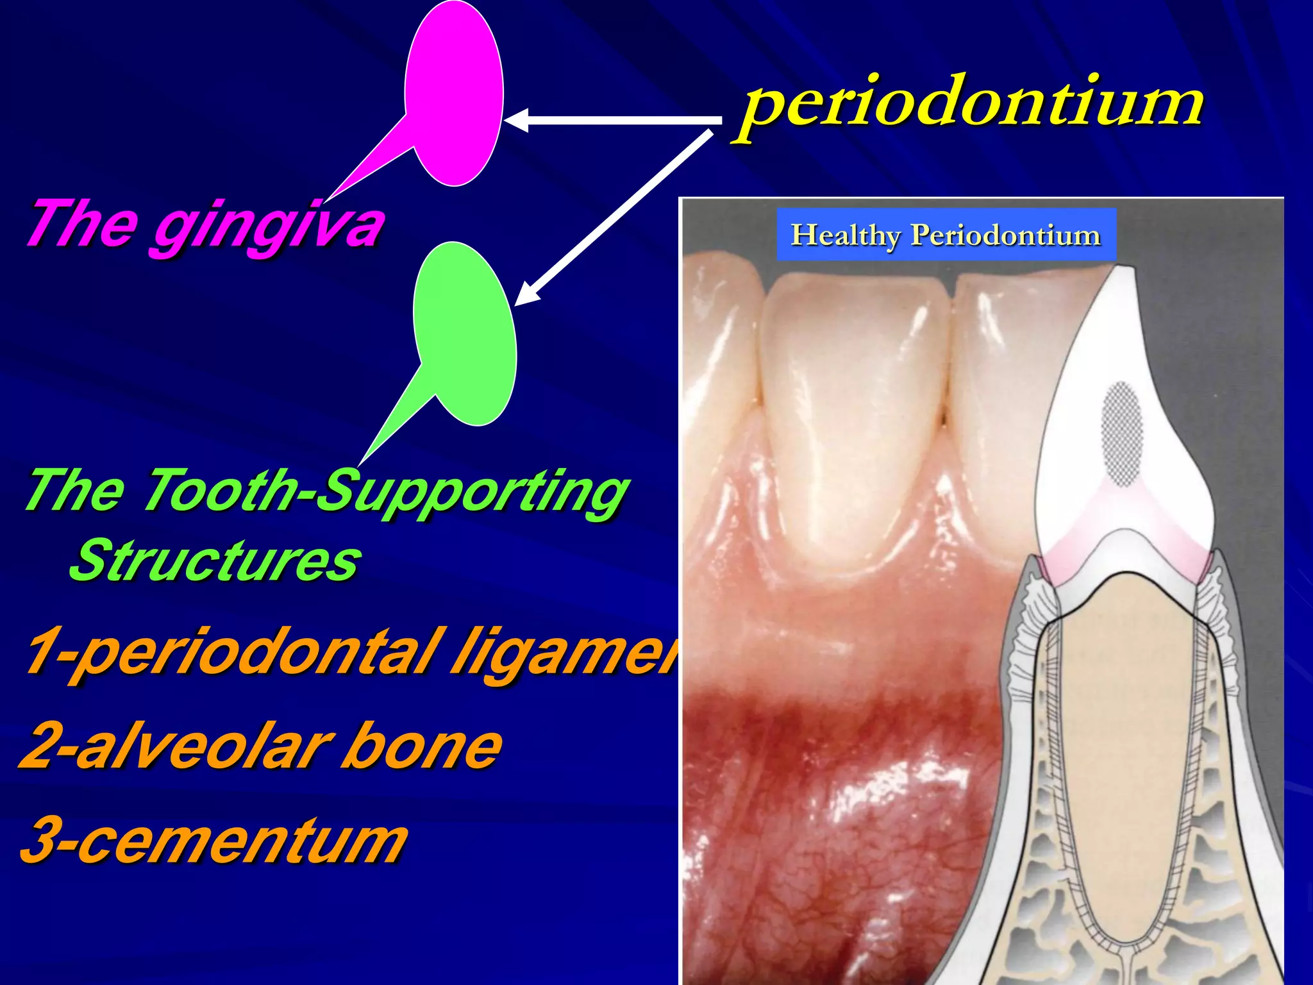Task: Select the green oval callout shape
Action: tap(465, 333)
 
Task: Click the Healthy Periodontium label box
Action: tap(946, 235)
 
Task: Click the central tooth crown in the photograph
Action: tap(853, 417)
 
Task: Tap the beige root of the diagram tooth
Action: tap(1128, 737)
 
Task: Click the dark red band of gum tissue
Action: tap(833, 725)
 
